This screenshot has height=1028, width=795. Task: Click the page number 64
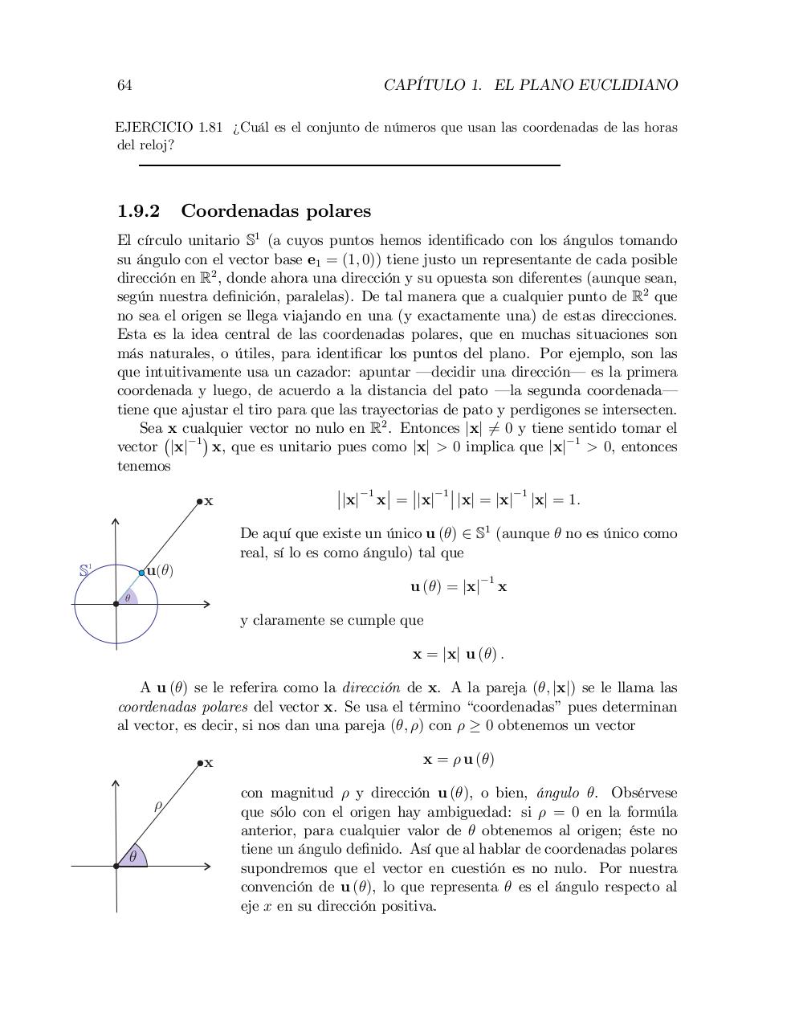pyautogui.click(x=124, y=85)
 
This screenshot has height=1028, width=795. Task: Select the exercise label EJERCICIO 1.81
pyautogui.click(x=169, y=128)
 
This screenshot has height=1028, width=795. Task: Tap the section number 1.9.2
pyautogui.click(x=139, y=211)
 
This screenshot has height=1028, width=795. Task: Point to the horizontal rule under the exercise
pyautogui.click(x=349, y=165)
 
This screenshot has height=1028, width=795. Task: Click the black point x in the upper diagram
pyautogui.click(x=200, y=502)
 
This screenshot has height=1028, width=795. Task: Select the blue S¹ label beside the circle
pyautogui.click(x=85, y=570)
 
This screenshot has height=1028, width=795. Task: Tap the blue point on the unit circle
pyautogui.click(x=142, y=573)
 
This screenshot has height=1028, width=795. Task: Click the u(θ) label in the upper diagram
pyautogui.click(x=161, y=570)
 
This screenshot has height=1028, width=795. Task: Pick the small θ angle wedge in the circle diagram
pyautogui.click(x=128, y=598)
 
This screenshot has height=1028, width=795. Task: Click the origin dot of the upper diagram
pyautogui.click(x=116, y=604)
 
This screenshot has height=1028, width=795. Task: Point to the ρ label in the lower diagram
pyautogui.click(x=158, y=805)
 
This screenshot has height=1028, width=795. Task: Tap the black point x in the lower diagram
pyautogui.click(x=200, y=763)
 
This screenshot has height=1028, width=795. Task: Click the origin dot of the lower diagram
pyautogui.click(x=116, y=866)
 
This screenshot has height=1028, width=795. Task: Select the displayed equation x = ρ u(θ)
pyautogui.click(x=459, y=759)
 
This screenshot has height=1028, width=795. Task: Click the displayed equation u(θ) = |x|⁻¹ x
pyautogui.click(x=459, y=586)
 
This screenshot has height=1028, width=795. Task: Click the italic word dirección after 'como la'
pyautogui.click(x=371, y=688)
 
